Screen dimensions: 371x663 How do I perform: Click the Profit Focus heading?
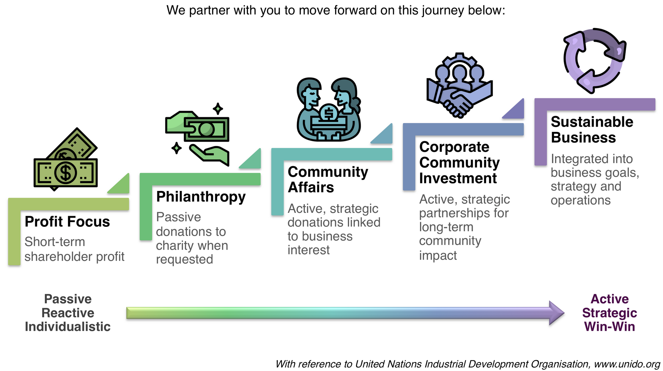(67, 221)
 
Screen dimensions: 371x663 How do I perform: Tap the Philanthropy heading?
(201, 197)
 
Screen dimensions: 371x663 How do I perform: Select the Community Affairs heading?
(328, 179)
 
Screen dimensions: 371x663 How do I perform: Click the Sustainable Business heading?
(592, 130)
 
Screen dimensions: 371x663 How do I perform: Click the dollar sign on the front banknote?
(66, 172)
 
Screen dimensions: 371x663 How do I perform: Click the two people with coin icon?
(329, 109)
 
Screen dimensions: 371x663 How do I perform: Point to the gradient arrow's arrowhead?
(556, 313)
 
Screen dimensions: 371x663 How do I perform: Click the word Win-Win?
(609, 327)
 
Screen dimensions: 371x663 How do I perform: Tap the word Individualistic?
(68, 327)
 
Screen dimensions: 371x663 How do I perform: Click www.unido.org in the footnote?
(627, 364)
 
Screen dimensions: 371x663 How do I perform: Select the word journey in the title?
(443, 10)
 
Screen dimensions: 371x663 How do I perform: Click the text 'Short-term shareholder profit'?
(74, 249)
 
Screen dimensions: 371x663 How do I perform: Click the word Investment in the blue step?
(458, 178)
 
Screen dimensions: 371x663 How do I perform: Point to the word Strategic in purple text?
(609, 313)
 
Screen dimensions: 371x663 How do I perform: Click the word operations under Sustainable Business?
(580, 200)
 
